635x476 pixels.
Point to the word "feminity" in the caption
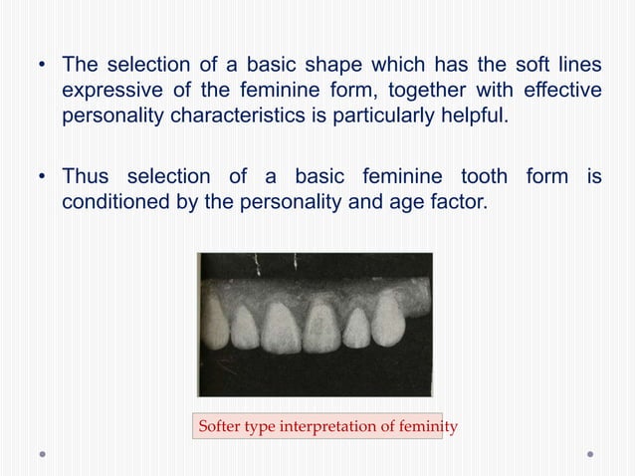[424, 427]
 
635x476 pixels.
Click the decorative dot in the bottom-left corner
[43, 454]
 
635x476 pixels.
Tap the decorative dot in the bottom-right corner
[590, 454]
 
